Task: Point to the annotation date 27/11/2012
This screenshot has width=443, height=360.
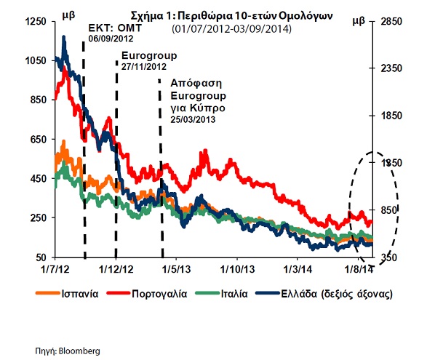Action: pos(145,65)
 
